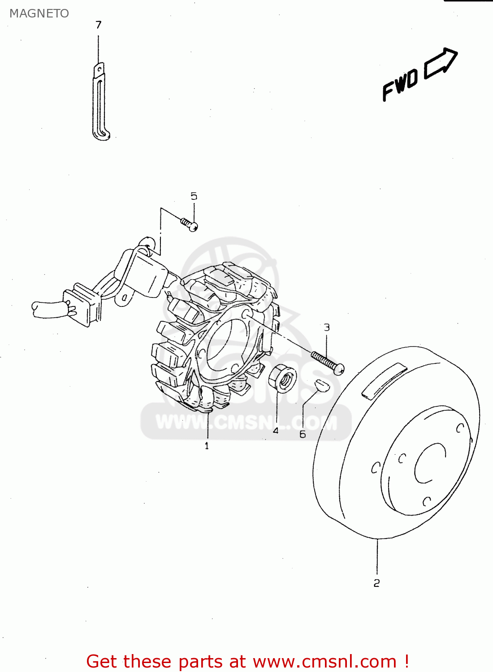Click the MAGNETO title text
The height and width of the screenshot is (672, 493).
39,13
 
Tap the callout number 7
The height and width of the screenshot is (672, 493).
99,25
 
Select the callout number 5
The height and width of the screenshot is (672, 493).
194,196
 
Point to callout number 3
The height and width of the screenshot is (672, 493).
327,327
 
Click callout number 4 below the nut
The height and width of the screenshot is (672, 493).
276,431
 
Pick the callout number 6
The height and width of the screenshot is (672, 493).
303,434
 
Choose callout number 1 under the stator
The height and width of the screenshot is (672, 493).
207,446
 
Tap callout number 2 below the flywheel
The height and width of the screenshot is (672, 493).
376,583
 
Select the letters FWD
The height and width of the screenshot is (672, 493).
400,85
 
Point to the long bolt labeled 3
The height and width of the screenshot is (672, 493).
328,362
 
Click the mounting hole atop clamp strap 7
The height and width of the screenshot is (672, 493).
99,69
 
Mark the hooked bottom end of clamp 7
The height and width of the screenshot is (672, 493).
103,135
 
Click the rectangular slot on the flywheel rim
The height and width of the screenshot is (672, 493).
384,380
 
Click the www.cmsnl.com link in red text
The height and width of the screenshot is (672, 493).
324,662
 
